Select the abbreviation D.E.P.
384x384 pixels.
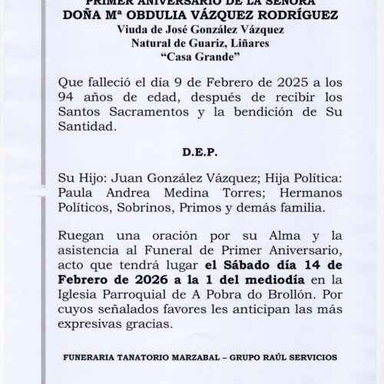click(x=191, y=154)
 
